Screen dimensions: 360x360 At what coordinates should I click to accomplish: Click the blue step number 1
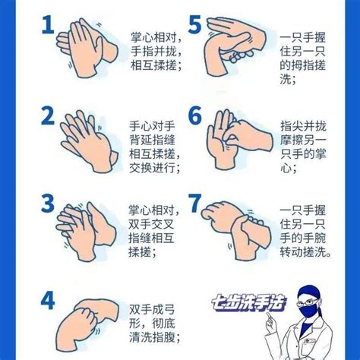tap(48, 24)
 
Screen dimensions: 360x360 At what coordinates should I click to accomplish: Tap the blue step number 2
tap(48, 115)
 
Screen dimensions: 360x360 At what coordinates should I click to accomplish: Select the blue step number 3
tap(48, 203)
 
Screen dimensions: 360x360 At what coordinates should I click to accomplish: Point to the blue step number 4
tap(48, 300)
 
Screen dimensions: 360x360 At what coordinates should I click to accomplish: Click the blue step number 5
tap(195, 24)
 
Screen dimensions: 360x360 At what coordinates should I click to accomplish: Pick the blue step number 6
tap(195, 115)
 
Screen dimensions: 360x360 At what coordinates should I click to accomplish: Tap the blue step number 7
tap(195, 203)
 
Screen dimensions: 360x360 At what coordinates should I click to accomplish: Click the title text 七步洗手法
tap(248, 303)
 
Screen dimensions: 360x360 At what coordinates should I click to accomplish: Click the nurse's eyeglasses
tap(308, 302)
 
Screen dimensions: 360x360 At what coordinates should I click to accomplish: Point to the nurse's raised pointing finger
tap(269, 317)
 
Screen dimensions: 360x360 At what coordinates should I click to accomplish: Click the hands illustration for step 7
tap(236, 230)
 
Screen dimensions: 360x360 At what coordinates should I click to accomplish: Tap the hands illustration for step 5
tap(235, 46)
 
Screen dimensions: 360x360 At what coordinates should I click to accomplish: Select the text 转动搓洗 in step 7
tap(302, 252)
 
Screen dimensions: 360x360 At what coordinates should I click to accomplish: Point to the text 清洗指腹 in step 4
tap(152, 337)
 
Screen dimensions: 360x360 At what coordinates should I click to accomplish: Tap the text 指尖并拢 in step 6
tap(303, 126)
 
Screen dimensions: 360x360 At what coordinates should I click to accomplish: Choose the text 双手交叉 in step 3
tap(151, 224)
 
